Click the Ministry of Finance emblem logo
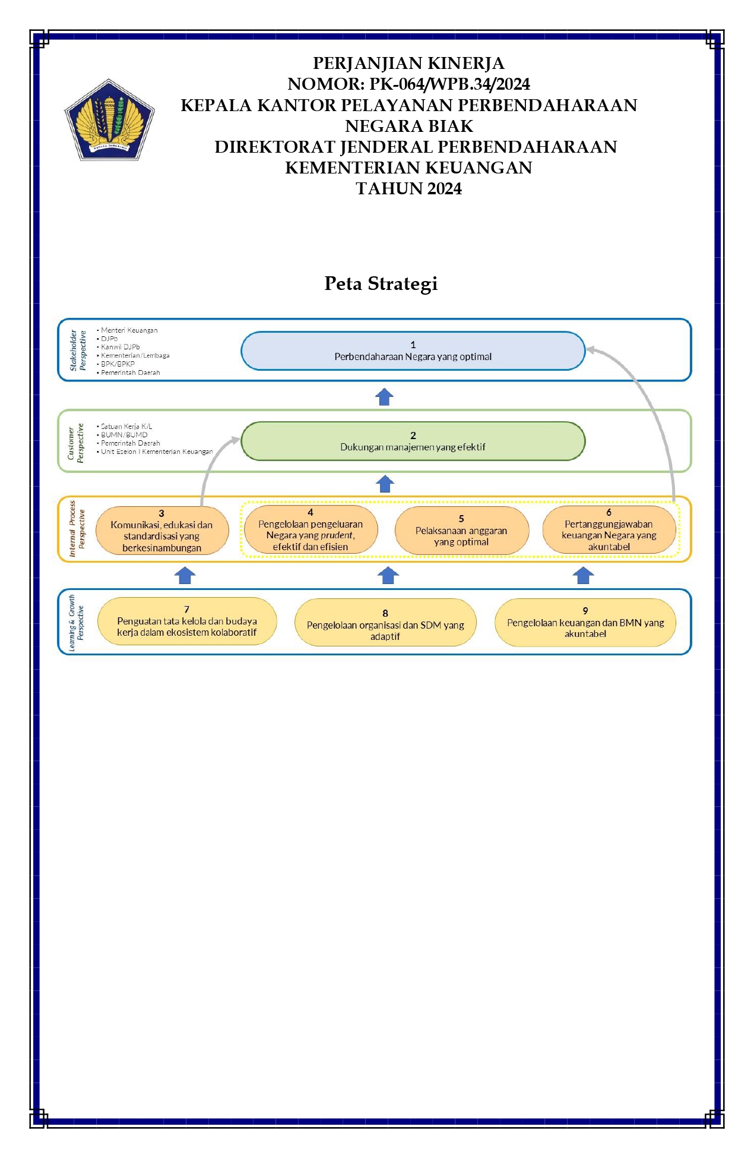tap(109, 119)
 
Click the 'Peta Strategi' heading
tap(381, 284)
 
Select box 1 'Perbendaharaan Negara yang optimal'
tap(413, 351)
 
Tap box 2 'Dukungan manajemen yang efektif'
tap(413, 441)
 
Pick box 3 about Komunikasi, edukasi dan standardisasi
tap(161, 531)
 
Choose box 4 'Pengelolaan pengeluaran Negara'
tap(311, 529)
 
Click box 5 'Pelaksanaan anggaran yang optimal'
tap(461, 531)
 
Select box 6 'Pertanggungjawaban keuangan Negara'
tap(609, 529)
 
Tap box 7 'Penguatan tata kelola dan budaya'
tap(187, 621)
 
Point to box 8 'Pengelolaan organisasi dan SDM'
tap(385, 622)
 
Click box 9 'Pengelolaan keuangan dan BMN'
tap(585, 622)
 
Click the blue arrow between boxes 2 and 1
tap(385, 396)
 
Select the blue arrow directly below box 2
tap(385, 484)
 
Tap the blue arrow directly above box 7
tap(186, 575)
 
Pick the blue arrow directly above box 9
tap(584, 575)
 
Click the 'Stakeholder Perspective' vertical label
tap(78, 351)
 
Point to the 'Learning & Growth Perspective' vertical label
tap(76, 623)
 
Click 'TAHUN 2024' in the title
tap(408, 188)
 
